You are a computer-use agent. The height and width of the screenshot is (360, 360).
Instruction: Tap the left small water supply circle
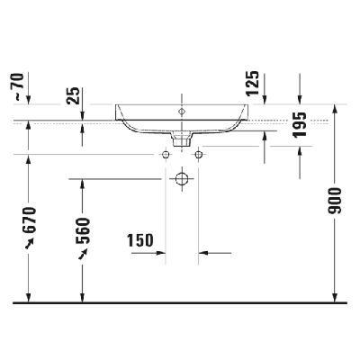pyautogui.click(x=166, y=155)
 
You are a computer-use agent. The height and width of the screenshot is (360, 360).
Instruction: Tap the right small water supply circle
pyautogui.click(x=197, y=155)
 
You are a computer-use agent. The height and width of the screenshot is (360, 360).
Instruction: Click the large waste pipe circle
pyautogui.click(x=182, y=178)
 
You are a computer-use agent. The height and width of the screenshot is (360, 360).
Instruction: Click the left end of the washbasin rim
pyautogui.click(x=116, y=105)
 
